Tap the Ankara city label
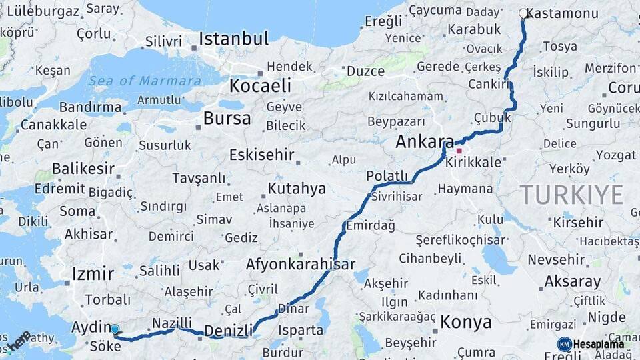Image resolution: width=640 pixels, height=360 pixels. click(424, 141)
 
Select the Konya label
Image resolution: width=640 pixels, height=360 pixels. click(466, 323)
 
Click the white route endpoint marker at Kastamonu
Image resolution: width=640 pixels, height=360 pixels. click(523, 13)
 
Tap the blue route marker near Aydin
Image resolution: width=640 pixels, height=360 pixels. click(115, 329)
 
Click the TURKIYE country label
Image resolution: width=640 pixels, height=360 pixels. click(572, 195)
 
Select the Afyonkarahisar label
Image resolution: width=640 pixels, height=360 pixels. click(300, 264)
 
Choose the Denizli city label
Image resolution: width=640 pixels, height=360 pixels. click(229, 331)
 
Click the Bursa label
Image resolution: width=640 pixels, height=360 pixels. click(227, 119)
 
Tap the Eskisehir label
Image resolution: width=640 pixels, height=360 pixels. click(261, 155)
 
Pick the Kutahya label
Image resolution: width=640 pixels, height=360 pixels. click(297, 189)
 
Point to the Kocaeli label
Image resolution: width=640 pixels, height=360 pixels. click(260, 85)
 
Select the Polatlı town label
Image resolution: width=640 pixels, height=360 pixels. click(387, 176)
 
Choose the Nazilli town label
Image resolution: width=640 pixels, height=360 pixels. click(172, 323)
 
